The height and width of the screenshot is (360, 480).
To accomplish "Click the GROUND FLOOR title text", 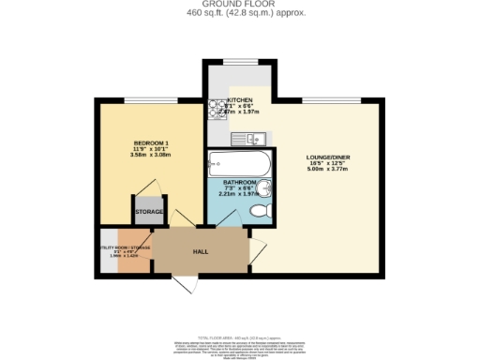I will click(239, 5).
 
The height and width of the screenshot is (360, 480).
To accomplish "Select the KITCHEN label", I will click(240, 99).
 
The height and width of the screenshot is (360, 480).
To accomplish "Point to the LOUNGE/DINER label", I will click(327, 157).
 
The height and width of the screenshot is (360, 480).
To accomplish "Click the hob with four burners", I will click(214, 109).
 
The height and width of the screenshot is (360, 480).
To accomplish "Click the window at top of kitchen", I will click(240, 62).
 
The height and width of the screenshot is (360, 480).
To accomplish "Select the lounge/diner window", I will click(331, 99).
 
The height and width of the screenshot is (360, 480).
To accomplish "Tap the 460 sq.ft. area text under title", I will click(239, 14).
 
